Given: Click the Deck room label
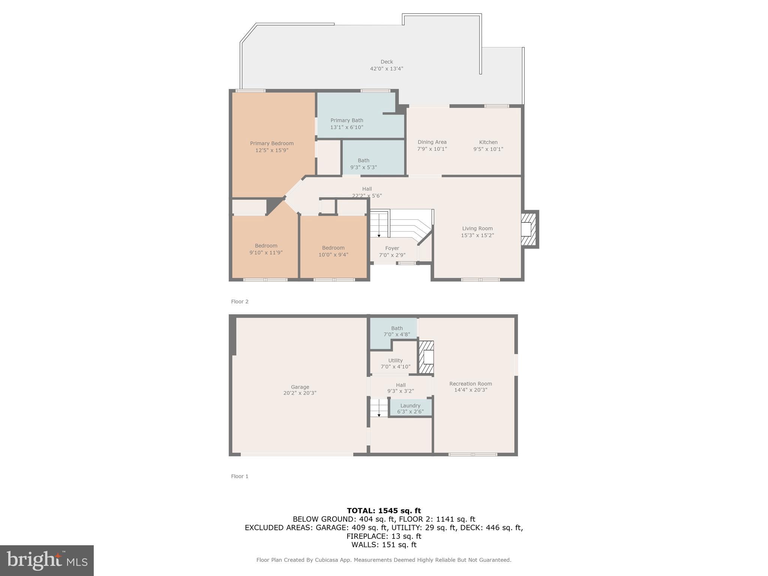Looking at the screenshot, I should pos(387,62).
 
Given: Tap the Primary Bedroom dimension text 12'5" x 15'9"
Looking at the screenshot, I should pos(271,150).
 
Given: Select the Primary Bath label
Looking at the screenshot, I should pos(346,120).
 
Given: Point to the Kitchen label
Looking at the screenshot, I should pos(488,142).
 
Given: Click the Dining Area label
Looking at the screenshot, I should pos(432,142).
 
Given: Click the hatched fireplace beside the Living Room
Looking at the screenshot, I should pos(529,229).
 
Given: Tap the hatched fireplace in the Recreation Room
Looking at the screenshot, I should pos(426,357).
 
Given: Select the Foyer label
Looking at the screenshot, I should pos(392,248).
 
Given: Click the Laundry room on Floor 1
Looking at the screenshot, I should pos(410,408).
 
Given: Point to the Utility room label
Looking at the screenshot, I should pos(395,360).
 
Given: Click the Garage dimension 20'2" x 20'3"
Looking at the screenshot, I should pos(300,393).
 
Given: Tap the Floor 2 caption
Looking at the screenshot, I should pos(240,301).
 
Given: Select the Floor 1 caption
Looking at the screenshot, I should pos(240,476).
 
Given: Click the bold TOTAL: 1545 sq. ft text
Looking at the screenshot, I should pos(384,510).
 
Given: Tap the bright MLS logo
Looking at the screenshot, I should pos(47,561).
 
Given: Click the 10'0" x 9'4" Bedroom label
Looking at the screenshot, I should pos(333,248).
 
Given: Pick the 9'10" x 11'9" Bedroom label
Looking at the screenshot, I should pos(266,246).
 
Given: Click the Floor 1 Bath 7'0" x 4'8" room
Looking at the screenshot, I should pos(396,331).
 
